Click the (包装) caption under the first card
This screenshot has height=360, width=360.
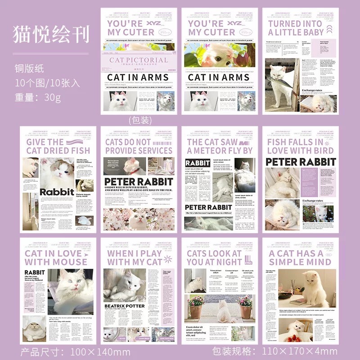click(141, 120)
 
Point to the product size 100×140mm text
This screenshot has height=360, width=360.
click(75, 351)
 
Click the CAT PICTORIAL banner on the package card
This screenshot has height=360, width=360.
click(138, 60)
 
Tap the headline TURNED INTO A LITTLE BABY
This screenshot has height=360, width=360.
click(296, 28)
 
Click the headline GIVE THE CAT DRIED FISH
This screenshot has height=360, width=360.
click(58, 146)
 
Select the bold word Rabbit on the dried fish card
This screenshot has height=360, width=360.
click(57, 192)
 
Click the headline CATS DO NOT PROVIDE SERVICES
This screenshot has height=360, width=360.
click(139, 146)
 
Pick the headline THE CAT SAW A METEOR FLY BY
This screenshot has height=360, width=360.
click(220, 146)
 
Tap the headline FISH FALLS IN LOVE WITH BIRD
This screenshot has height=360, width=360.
click(301, 146)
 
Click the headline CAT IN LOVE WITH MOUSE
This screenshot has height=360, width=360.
click(56, 257)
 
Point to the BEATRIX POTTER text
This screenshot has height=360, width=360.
click(125, 306)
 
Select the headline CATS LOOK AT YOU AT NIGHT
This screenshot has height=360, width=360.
click(214, 257)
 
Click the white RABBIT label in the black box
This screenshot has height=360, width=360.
click(198, 163)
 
